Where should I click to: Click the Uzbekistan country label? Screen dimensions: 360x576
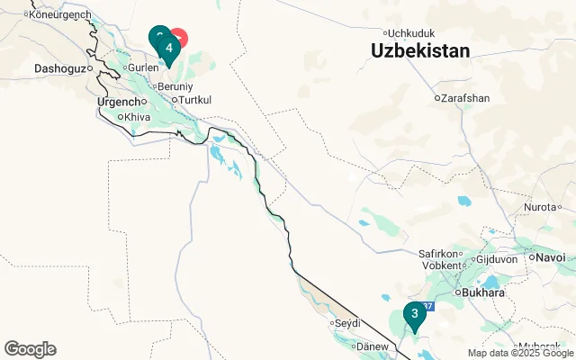pos(420,51)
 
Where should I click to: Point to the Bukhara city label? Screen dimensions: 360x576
pos(481,292)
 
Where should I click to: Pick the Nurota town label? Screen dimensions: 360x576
pos(542,208)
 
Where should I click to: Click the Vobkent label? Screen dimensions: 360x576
pos(441,265)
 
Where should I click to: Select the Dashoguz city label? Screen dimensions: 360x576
pos(58,68)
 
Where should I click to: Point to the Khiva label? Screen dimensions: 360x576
pos(137,117)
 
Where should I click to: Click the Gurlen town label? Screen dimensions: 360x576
pos(143,67)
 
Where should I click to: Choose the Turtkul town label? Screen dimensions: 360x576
pos(195,99)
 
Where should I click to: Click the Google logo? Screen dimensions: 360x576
pos(30,349)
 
